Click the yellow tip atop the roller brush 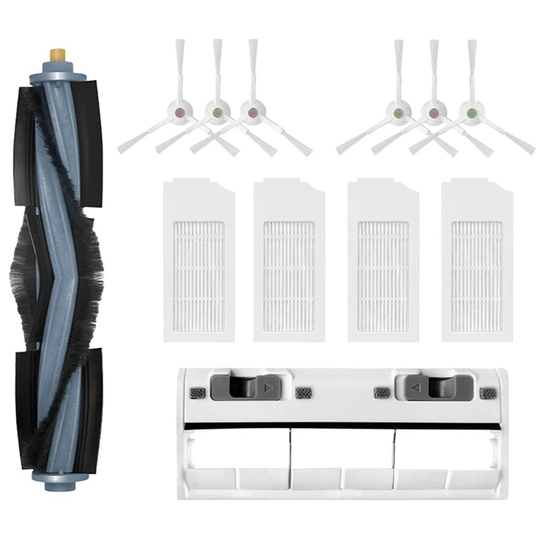(56, 52)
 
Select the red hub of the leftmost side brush (180, 109)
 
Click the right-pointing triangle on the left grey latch (267, 389)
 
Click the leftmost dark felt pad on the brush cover (199, 392)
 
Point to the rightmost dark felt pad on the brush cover (487, 392)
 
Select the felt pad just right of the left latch (303, 393)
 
